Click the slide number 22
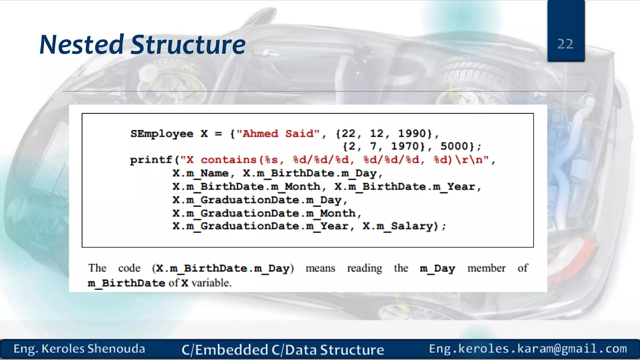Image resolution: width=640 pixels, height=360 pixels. pos(565,44)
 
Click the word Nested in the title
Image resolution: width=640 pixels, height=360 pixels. pos(82,45)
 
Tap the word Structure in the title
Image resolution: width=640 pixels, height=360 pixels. pos(188,45)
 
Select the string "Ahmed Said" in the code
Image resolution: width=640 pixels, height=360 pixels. pos(278,134)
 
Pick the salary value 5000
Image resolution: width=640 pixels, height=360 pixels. pos(454,146)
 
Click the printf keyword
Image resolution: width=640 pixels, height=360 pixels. pos(151,160)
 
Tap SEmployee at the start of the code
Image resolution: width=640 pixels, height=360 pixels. pos(162,134)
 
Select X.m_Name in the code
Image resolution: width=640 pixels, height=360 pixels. pos(201,173)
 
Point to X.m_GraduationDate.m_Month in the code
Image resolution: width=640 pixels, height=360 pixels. pos(264,213)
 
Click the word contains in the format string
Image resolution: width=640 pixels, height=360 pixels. pos(229,160)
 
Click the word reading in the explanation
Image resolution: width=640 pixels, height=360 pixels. pos(364,268)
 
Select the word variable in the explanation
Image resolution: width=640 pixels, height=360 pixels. pos(211,283)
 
